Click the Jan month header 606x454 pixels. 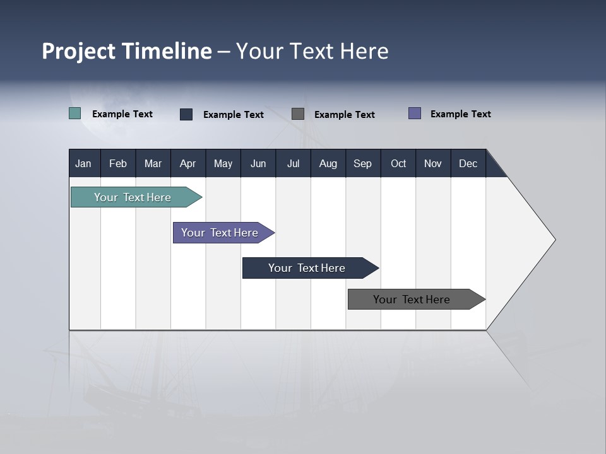tap(84, 163)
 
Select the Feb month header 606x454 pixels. tap(118, 163)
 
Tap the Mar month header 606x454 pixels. tap(153, 163)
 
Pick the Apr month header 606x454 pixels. tap(188, 163)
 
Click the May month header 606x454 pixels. tap(223, 163)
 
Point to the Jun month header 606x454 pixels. tap(258, 163)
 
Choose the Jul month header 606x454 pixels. tap(293, 163)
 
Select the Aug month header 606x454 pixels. tap(328, 163)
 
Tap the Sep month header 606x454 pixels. tap(363, 163)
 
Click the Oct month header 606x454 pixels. tap(398, 163)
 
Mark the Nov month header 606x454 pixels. tap(433, 163)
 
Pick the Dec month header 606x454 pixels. tap(468, 163)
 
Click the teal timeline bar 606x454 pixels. tap(133, 197)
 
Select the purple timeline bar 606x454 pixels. tap(220, 233)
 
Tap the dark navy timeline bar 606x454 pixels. tap(307, 268)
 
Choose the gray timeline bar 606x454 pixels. tap(412, 300)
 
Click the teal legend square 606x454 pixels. tap(75, 113)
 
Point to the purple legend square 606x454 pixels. tap(415, 113)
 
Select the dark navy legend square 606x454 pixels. tap(186, 114)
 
